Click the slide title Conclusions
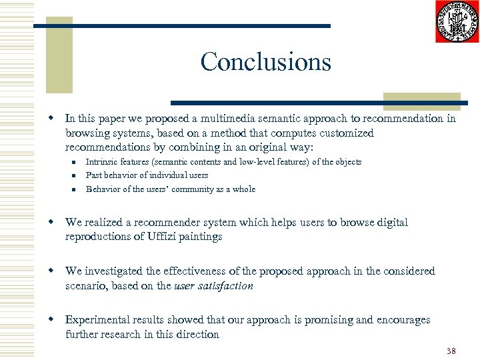265,62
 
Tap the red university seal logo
457,22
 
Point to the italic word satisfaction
228,285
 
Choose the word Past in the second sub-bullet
95,175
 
